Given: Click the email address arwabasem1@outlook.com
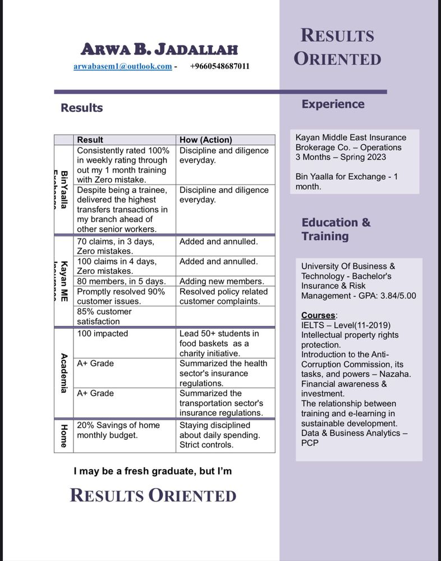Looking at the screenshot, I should point(122,66).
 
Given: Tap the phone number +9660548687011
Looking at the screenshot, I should point(219,66).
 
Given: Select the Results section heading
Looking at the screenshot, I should point(81,108).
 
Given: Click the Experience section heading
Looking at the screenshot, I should point(333,104).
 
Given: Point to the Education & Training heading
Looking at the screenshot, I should point(336,229).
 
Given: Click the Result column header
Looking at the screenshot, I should point(90,140).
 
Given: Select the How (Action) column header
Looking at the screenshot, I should point(205,140).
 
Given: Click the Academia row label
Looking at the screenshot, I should point(64,373).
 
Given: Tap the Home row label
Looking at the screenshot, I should point(64,435).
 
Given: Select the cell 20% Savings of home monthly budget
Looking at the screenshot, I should point(118,430).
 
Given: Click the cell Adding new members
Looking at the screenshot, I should point(221,281).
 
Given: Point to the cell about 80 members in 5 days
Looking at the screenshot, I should point(121,281).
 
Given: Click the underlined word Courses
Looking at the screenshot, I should point(319,315).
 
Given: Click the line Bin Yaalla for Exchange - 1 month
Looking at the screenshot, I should point(346,181).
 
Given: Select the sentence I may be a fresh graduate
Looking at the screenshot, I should point(153,471).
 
